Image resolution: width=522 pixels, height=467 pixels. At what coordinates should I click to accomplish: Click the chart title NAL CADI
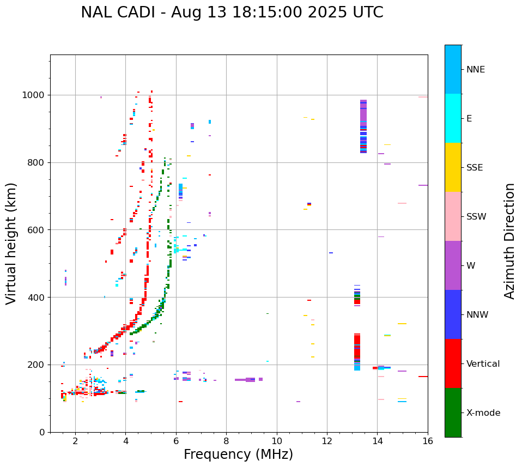232,13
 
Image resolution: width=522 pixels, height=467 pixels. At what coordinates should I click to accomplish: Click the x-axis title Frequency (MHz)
238,454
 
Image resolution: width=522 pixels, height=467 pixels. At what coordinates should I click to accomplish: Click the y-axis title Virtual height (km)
12,243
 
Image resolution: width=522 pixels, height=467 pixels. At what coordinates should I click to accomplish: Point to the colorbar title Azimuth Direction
509,241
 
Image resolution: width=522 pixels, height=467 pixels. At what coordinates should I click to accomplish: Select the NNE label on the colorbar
475,70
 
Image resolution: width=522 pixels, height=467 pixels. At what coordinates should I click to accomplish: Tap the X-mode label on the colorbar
483,413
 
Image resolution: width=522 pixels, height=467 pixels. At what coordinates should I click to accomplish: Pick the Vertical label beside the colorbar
483,364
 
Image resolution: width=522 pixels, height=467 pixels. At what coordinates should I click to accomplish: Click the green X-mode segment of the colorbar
453,413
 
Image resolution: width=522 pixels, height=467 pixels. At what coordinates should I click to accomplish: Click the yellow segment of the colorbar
453,167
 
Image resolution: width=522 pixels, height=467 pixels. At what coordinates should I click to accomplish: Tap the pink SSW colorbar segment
453,216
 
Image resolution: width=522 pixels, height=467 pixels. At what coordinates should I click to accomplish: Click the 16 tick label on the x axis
427,441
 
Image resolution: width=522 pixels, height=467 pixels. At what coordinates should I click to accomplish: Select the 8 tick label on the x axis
226,441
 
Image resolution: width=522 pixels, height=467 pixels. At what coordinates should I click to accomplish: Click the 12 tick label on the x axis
327,441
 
